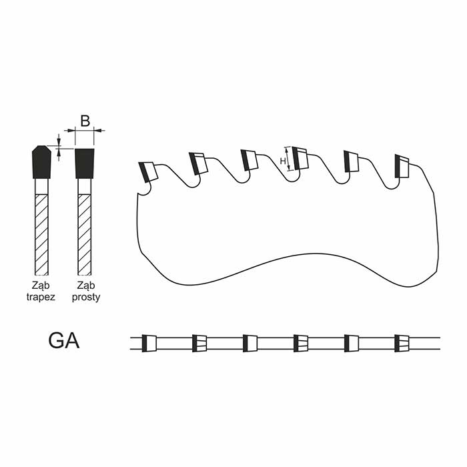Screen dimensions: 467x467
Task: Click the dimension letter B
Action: click(85, 121)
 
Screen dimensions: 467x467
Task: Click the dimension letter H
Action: click(283, 161)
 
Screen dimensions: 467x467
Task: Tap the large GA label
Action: click(64, 341)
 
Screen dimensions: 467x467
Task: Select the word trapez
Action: click(41, 297)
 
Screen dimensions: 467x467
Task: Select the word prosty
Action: click(86, 297)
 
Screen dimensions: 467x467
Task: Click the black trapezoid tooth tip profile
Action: click(41, 162)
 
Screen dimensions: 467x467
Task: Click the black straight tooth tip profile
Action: click(85, 163)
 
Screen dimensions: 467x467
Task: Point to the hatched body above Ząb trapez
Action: click(41, 235)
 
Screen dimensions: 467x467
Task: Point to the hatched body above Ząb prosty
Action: click(85, 235)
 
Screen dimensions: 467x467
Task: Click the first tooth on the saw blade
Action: click(148, 171)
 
